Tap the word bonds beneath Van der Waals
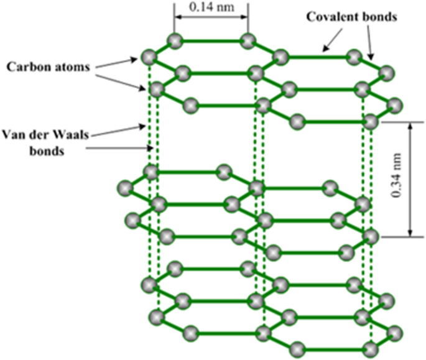pyautogui.click(x=45, y=150)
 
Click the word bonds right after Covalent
pyautogui.click(x=377, y=17)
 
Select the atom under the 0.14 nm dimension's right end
pyautogui.click(x=248, y=41)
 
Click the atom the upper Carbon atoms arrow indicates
pyautogui.click(x=147, y=58)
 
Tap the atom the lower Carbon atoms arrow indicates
pyautogui.click(x=156, y=89)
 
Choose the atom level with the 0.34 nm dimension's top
pyautogui.click(x=371, y=121)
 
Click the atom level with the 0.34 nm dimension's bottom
pyautogui.click(x=371, y=236)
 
